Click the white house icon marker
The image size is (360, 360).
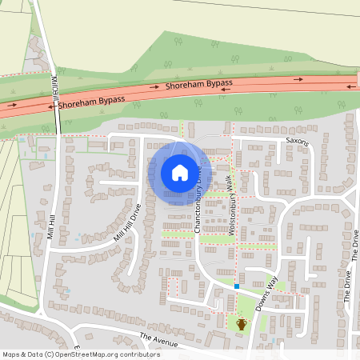(180, 173)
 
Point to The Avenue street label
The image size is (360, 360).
(155, 340)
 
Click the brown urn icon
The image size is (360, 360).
(242, 324)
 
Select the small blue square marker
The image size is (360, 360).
(238, 286)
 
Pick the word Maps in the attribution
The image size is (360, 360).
(11, 354)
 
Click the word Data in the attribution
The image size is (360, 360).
(34, 354)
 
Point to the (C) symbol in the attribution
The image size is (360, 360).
(50, 354)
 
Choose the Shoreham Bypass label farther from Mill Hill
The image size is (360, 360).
(199, 84)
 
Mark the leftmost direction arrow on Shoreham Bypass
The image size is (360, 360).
(12, 104)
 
